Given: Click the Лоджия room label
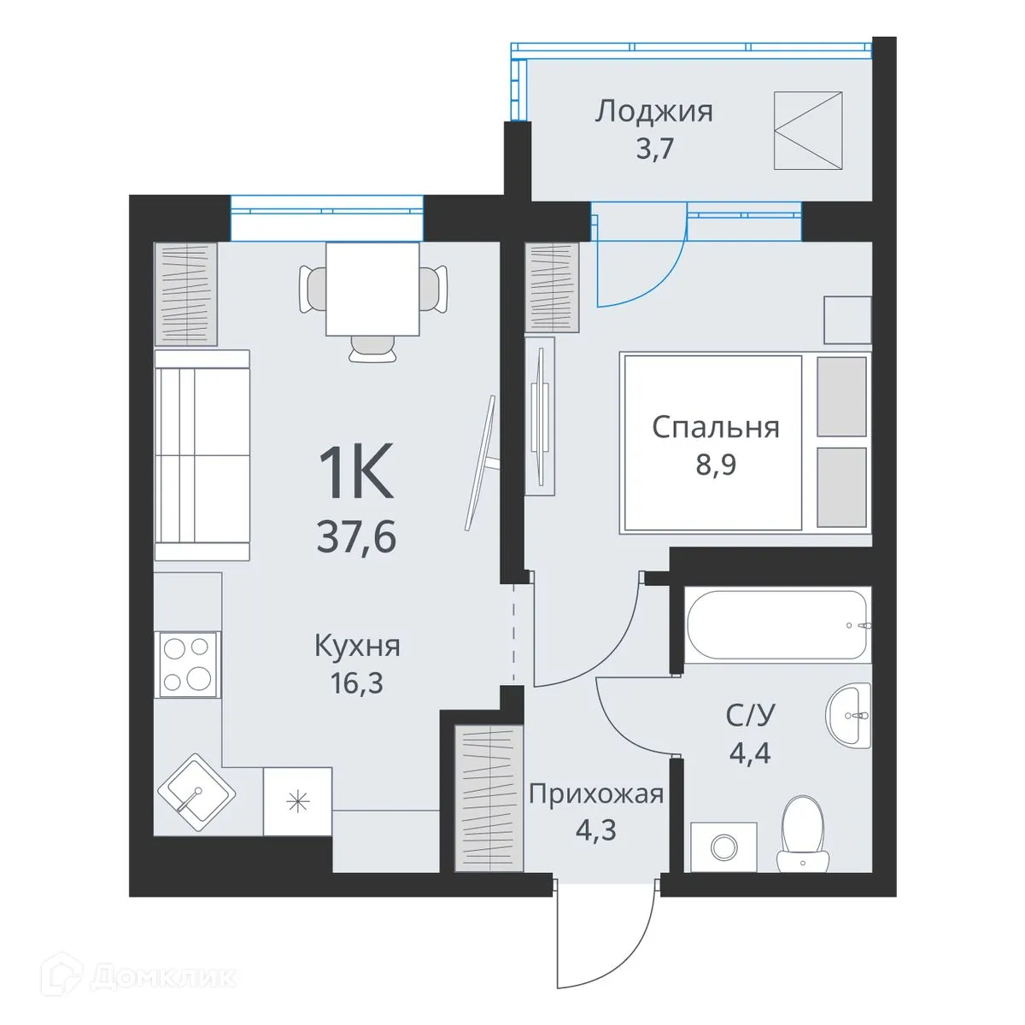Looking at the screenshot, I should tap(653, 111).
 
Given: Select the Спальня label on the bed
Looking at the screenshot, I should tap(715, 426).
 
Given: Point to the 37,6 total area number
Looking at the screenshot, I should tap(356, 537).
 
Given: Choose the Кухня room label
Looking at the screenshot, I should tap(357, 646).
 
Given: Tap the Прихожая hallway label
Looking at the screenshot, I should tap(595, 794).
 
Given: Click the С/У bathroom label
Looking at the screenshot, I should tap(749, 715).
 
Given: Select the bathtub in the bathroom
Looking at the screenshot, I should tap(776, 624).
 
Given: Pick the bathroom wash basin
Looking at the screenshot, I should tap(849, 714).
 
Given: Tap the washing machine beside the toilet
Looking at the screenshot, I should tap(723, 846).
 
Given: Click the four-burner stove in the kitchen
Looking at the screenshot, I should tap(187, 665).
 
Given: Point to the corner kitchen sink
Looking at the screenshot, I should tap(196, 792).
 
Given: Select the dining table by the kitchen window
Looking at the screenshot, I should tap(372, 289).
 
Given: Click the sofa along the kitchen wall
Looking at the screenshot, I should tap(202, 455).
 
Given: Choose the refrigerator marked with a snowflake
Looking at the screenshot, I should tap(297, 801).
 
